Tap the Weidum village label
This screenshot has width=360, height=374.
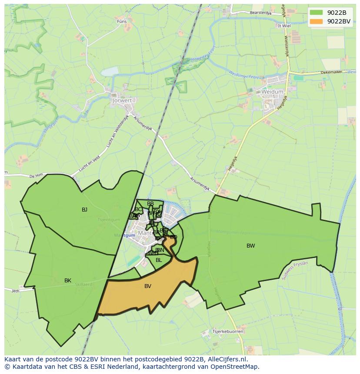272,92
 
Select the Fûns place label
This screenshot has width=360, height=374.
122,21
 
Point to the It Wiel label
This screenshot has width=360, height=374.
284,26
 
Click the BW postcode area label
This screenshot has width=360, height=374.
251,246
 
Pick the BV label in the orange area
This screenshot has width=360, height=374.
148,286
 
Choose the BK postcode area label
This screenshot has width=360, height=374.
68,281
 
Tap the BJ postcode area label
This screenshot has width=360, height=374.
84,210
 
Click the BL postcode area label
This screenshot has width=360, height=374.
159,260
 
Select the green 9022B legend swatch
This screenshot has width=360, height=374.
317,13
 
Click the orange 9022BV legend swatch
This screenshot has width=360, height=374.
317,21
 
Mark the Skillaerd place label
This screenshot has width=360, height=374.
83,285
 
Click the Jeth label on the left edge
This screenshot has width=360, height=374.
15,291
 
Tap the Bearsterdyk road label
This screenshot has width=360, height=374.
260,13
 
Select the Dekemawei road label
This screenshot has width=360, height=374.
332,73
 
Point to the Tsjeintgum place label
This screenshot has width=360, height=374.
109,220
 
